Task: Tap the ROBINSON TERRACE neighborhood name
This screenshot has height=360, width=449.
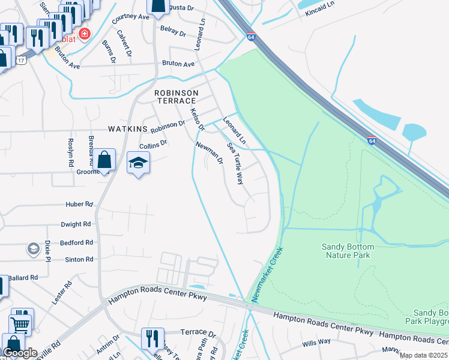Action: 176,97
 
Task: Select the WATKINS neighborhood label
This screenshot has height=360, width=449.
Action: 128,129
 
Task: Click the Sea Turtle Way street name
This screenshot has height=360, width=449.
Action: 235,163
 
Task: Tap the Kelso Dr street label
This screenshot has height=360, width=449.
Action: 197,119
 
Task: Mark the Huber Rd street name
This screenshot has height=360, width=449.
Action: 79,204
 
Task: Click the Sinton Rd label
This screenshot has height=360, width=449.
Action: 80,259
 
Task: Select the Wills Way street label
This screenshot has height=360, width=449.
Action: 316,343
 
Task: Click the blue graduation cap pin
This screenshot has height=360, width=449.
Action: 138,163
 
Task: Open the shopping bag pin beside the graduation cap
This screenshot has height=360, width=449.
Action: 104,160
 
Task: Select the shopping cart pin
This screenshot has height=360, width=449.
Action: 20,325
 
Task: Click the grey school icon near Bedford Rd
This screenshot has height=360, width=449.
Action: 34,248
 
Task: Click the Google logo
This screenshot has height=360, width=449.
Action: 20,353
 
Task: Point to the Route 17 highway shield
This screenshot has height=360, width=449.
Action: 22,60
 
